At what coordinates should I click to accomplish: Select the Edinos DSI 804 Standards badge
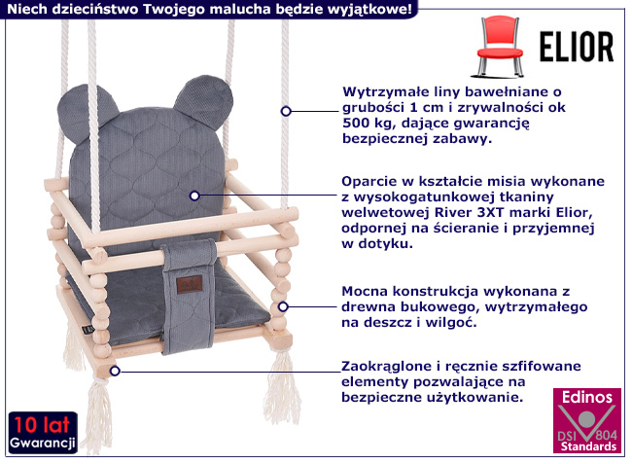(x=587, y=421)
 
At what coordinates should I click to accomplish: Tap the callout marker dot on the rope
(x=286, y=111)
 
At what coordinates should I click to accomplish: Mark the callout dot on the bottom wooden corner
(x=115, y=370)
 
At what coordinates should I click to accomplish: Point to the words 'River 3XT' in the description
(x=509, y=212)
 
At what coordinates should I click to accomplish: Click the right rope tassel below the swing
(x=283, y=380)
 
